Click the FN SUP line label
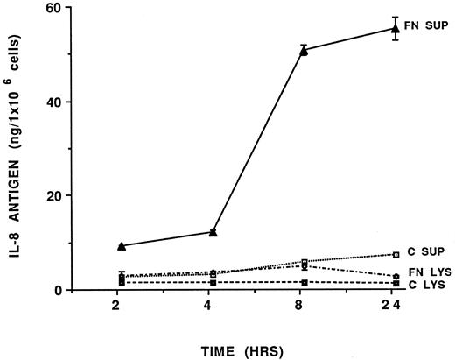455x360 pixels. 427,25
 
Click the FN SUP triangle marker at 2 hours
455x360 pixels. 121,246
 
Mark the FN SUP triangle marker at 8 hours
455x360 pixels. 304,51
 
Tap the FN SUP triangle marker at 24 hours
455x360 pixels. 395,28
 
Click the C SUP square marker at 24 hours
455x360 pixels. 395,254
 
